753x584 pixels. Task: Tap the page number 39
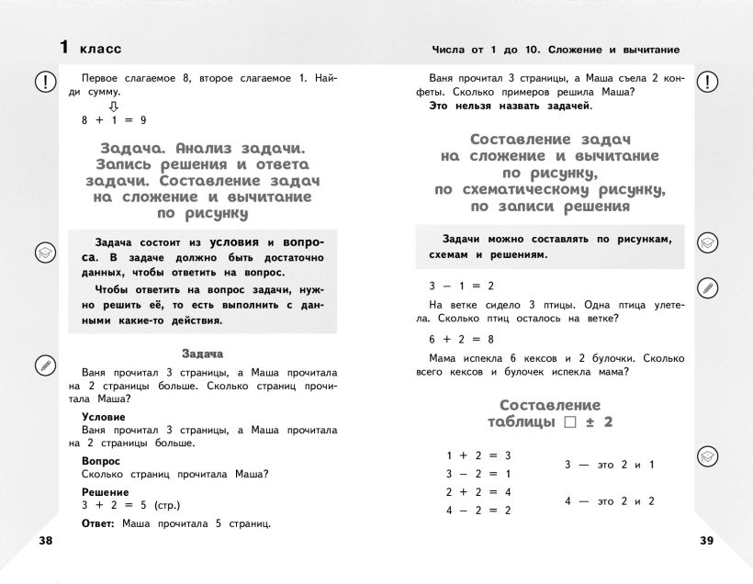pyautogui.click(x=705, y=541)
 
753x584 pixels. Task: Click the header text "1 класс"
pyautogui.click(x=90, y=47)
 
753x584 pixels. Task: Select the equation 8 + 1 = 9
pyautogui.click(x=114, y=120)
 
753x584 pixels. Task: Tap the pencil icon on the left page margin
pyautogui.click(x=44, y=365)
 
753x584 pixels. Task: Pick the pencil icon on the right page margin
pyautogui.click(x=707, y=288)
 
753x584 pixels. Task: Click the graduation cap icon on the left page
pyautogui.click(x=44, y=253)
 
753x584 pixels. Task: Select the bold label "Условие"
pyautogui.click(x=103, y=417)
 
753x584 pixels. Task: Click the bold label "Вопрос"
pyautogui.click(x=101, y=461)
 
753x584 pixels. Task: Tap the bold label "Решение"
pyautogui.click(x=105, y=492)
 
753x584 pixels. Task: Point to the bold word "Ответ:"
pyautogui.click(x=98, y=523)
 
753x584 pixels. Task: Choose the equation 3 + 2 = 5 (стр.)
pyautogui.click(x=131, y=505)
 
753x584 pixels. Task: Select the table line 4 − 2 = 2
pyautogui.click(x=478, y=510)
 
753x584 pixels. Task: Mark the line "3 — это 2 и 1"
pyautogui.click(x=609, y=465)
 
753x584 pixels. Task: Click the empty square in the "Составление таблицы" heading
pyautogui.click(x=569, y=422)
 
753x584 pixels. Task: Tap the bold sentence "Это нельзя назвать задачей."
pyautogui.click(x=511, y=106)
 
